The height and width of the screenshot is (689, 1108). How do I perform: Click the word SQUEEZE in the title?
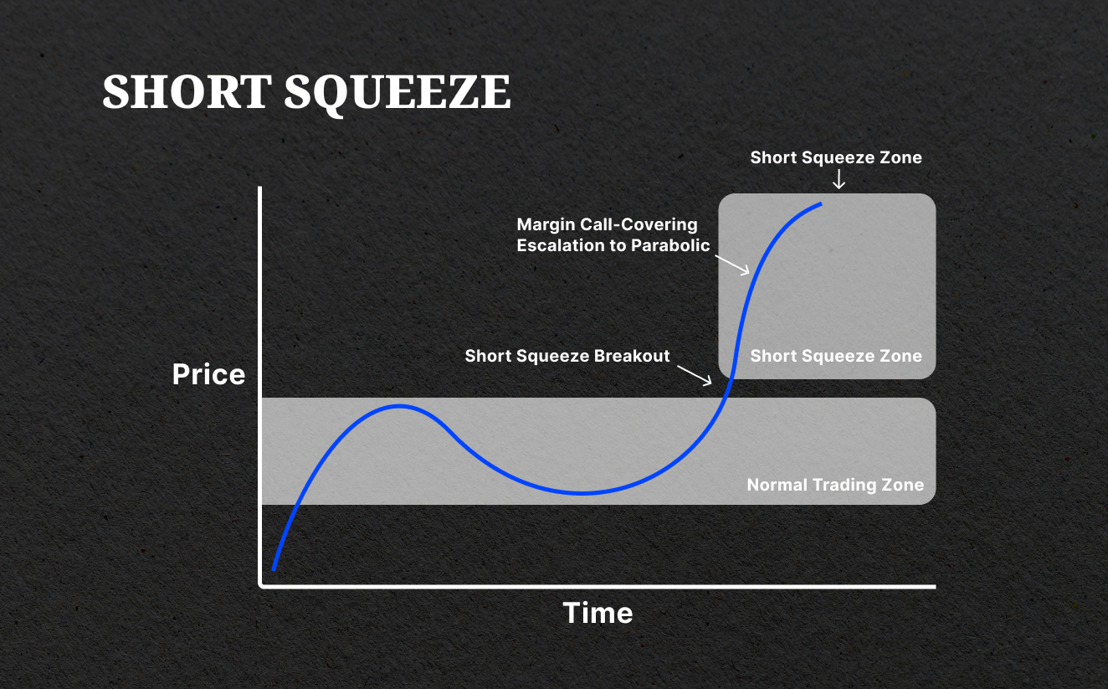(397, 92)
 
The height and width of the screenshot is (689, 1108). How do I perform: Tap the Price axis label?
(208, 374)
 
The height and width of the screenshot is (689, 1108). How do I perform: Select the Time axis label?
(598, 613)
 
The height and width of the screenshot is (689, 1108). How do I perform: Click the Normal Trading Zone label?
(834, 485)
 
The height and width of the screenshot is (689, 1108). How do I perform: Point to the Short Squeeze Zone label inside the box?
(835, 356)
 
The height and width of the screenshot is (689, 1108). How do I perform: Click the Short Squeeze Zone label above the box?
(835, 157)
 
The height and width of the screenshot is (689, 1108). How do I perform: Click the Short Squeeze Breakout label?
(567, 356)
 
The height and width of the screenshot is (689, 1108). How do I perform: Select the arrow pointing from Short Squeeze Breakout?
(695, 374)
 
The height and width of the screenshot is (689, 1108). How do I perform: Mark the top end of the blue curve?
(820, 203)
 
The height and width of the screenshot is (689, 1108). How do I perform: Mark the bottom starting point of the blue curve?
(274, 568)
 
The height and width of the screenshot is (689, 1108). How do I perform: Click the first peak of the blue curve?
(400, 406)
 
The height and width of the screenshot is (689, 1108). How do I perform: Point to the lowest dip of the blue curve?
(581, 492)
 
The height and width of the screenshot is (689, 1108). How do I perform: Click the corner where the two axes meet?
(262, 586)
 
